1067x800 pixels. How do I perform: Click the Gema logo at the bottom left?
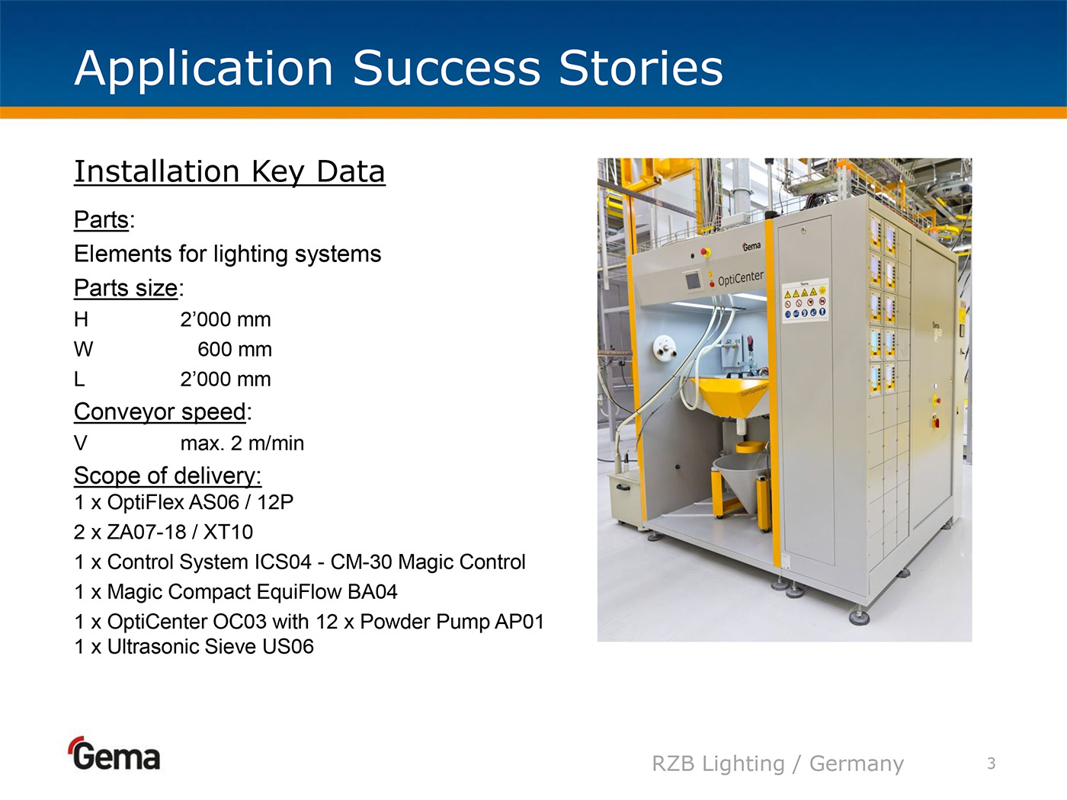pos(114,754)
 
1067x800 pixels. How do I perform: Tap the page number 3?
pos(991,763)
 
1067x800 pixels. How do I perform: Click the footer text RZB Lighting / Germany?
pos(777,763)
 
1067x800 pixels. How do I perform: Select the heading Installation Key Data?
pos(229,172)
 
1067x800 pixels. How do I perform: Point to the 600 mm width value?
pos(234,349)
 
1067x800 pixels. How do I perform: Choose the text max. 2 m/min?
pos(242,443)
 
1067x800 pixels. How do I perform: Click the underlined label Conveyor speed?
pos(160,412)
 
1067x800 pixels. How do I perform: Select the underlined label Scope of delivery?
pos(168,475)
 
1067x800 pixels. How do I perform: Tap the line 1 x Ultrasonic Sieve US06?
pos(194,647)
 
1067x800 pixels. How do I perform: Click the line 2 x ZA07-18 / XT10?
pos(163,532)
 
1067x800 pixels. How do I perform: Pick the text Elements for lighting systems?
pos(227,254)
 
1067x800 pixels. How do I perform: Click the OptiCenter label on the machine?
pos(740,278)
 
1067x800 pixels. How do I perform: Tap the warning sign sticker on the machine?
pos(805,300)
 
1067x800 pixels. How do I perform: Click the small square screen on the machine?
pos(692,281)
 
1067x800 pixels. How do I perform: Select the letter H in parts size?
pos(81,319)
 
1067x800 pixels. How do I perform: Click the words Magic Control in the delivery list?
pos(462,562)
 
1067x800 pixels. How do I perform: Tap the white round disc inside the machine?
pos(665,347)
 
